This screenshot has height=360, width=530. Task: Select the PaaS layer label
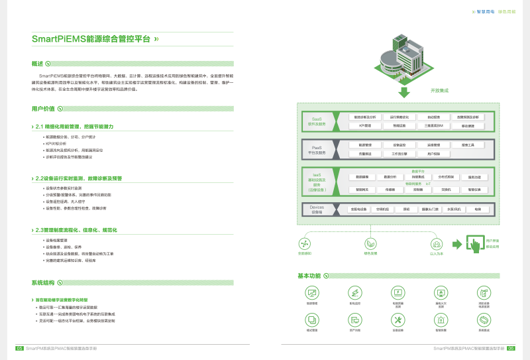[x=315, y=149]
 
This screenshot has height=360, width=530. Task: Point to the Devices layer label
[x=316, y=210]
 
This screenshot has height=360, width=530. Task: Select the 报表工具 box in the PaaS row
[x=468, y=145]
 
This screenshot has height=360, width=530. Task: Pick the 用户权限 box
[x=433, y=153]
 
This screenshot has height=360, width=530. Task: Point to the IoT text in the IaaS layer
[x=428, y=184]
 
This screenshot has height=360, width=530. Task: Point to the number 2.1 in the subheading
[x=40, y=125]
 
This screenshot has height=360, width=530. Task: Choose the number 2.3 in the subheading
[x=40, y=229]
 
